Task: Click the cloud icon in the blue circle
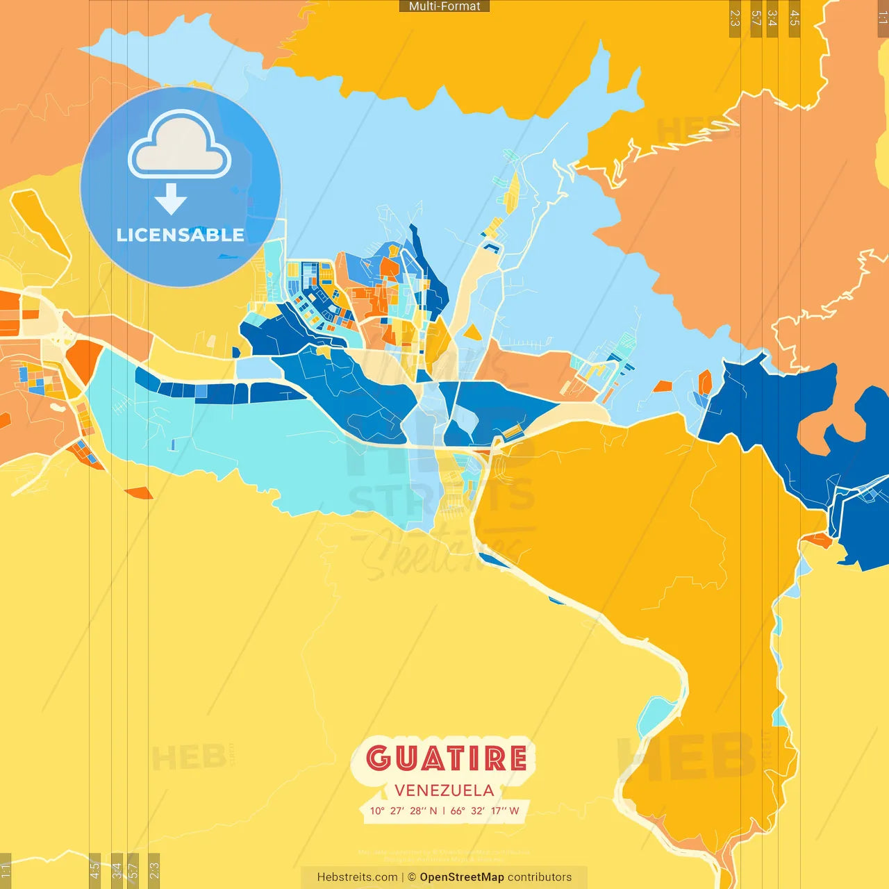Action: [179, 147]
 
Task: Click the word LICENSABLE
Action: [180, 235]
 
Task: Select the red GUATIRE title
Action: [446, 758]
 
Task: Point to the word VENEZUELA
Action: [444, 790]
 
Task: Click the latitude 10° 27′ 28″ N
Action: [404, 811]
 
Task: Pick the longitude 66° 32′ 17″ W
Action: [485, 811]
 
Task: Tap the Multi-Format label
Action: [444, 6]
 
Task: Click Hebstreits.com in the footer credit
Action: [357, 877]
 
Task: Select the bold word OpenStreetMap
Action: [461, 877]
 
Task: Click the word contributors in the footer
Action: [540, 877]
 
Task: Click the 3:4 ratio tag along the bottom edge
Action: [117, 870]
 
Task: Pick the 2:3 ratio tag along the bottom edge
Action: [154, 870]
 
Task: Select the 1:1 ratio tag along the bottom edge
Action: [6, 871]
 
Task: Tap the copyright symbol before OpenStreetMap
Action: [412, 877]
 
